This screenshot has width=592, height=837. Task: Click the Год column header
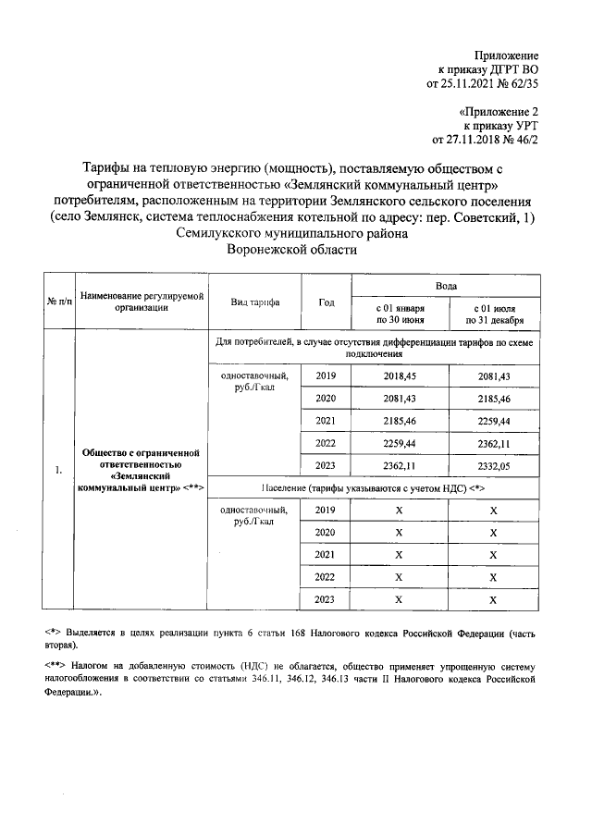tap(327, 302)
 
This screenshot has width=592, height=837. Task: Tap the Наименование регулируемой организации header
tap(141, 302)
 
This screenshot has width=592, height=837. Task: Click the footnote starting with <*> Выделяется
tap(290, 639)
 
